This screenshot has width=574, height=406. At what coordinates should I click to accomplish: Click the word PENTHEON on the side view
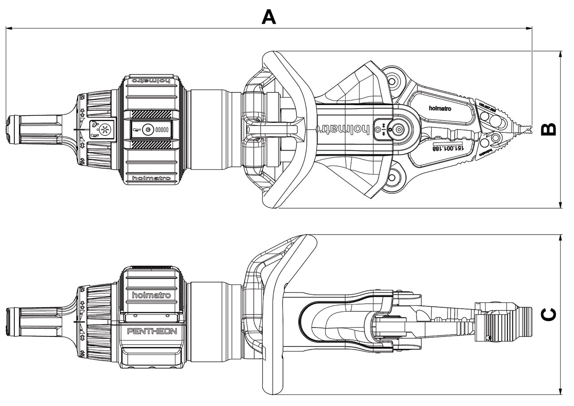coord(152,332)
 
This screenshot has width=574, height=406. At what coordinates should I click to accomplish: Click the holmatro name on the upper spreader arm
coord(440,108)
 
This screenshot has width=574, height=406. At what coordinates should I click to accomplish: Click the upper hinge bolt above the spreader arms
coord(393,81)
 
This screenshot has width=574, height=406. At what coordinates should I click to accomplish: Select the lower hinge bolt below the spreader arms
coord(393,178)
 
